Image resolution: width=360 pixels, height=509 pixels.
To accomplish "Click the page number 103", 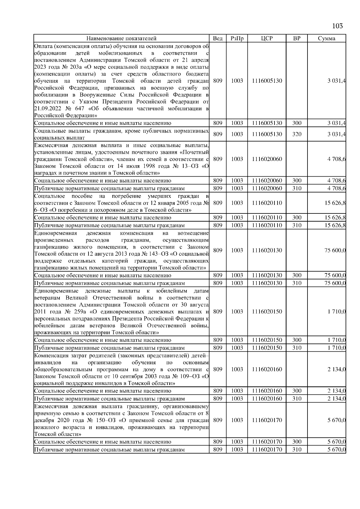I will pyautogui.click(x=337, y=26).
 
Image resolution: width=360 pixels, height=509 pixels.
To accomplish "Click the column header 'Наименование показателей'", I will pyautogui.click(x=121, y=38).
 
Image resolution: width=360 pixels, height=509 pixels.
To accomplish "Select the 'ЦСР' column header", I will pyautogui.click(x=267, y=38).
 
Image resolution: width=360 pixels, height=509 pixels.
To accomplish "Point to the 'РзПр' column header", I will pyautogui.click(x=237, y=38).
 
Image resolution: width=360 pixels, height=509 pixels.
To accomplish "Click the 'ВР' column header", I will pyautogui.click(x=296, y=38).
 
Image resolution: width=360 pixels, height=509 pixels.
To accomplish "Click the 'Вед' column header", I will pyautogui.click(x=217, y=38).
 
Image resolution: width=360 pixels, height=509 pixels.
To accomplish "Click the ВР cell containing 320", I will pyautogui.click(x=296, y=134).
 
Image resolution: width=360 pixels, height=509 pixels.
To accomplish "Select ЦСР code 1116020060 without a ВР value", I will pyautogui.click(x=267, y=159).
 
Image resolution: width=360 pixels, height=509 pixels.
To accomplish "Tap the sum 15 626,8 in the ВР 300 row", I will pyautogui.click(x=335, y=218).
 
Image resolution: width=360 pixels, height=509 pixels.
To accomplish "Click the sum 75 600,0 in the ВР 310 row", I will pyautogui.click(x=335, y=283).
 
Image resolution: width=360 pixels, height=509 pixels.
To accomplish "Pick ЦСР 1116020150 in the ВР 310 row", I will pyautogui.click(x=267, y=348).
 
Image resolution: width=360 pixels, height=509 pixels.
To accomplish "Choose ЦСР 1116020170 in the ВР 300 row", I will pyautogui.click(x=267, y=442).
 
